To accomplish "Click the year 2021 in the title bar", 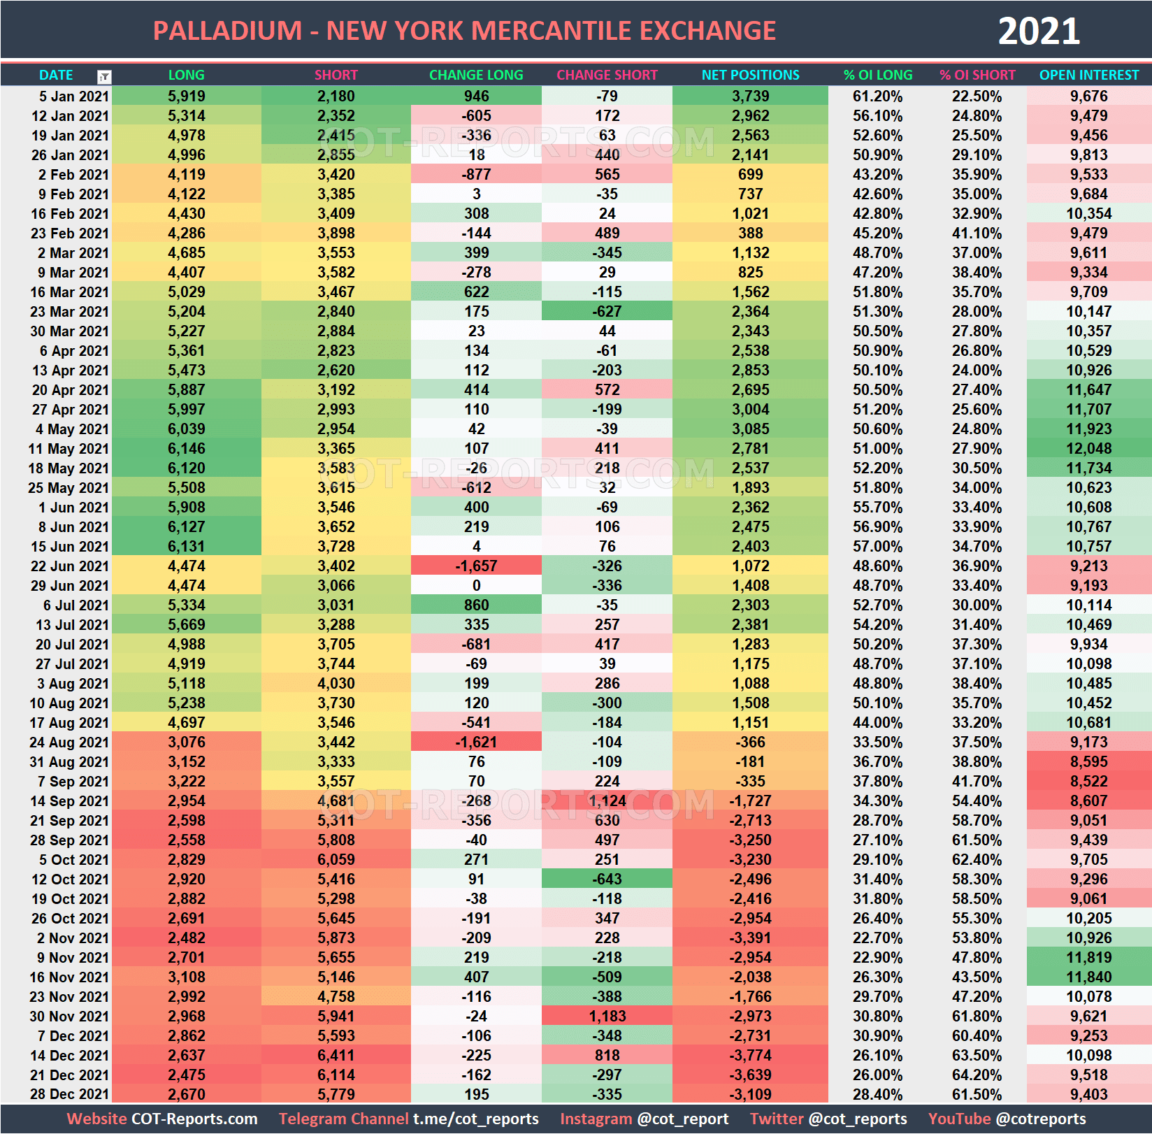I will tap(1038, 31).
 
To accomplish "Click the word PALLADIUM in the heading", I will tap(227, 31).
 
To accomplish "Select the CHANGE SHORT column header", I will tap(607, 75).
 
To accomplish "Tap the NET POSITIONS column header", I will tap(750, 75).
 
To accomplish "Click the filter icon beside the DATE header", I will tap(104, 77).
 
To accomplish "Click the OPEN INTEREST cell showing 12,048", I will tap(1088, 448).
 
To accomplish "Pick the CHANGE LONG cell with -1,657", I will tap(476, 566).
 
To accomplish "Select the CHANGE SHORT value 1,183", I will tap(607, 1016).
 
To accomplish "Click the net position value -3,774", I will tap(750, 1055).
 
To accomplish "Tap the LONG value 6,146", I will tap(187, 448).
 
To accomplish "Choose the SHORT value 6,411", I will tap(336, 1055).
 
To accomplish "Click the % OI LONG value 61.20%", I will tap(877, 96).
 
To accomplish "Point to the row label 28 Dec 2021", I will tap(69, 1094).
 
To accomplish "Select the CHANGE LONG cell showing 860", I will tap(476, 605).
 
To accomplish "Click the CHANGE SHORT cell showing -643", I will tap(607, 879).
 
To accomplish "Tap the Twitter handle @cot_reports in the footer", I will tap(857, 1119).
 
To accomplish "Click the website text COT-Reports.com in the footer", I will tap(194, 1119).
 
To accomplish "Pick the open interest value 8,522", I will tap(1088, 781).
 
